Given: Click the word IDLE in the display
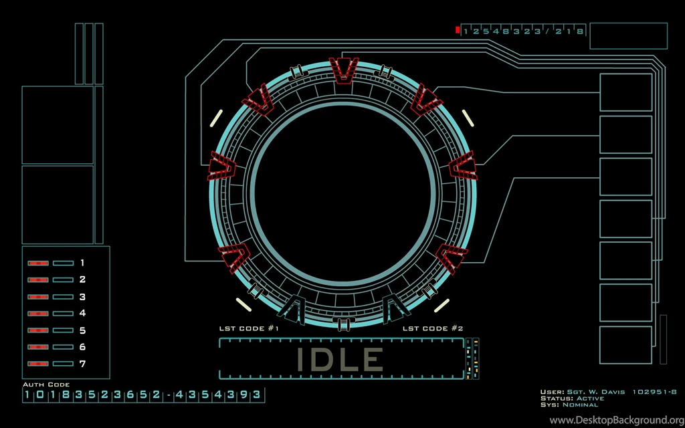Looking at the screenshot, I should point(340,360).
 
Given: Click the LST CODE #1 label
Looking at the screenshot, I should point(249,329).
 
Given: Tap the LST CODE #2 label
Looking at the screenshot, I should point(433,329).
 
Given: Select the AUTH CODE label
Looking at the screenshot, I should point(46,385).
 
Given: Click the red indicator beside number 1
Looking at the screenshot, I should point(37,263).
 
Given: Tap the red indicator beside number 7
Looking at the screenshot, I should point(37,363).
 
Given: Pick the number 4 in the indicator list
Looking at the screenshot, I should point(82,313).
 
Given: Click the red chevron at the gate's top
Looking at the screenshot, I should point(344,70).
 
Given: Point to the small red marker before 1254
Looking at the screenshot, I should point(458,30).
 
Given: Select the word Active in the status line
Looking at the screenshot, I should point(591,399).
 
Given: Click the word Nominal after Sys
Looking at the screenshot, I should point(581,405).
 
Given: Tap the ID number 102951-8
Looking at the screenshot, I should point(655,392).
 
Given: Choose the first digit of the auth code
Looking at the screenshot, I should point(27,395).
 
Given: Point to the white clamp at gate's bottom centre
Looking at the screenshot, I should point(343,324).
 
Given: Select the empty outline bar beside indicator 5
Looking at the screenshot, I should point(64,330).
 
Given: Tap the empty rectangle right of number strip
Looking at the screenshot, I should point(628,36).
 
